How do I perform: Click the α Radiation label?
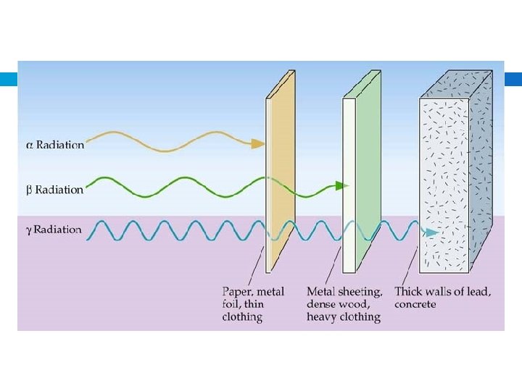56,145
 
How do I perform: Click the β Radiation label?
55,190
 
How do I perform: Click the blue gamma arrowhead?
431,232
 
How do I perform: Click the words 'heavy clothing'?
344,317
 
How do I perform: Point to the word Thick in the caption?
410,292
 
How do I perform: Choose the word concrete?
415,305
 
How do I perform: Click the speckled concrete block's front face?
444,181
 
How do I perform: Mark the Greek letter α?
29,145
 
